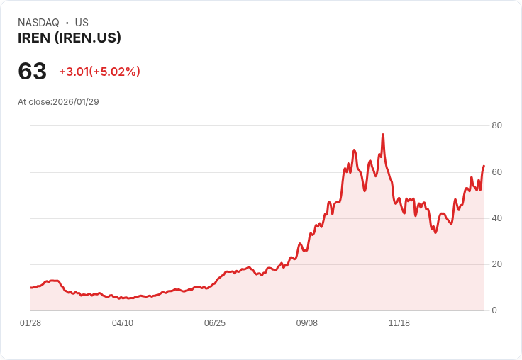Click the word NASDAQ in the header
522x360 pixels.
click(x=38, y=23)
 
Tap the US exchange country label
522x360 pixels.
click(x=82, y=23)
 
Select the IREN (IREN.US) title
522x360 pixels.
click(x=70, y=38)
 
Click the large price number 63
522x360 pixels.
click(x=32, y=72)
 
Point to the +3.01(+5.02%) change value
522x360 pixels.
click(x=99, y=72)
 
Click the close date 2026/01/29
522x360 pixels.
click(x=76, y=102)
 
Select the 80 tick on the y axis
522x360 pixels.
click(x=496, y=125)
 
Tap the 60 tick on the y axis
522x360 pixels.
click(x=496, y=172)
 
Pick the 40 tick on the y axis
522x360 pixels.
click(x=496, y=218)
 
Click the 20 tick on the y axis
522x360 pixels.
click(x=496, y=264)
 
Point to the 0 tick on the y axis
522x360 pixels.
click(x=494, y=310)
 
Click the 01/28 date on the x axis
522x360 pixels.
click(x=30, y=323)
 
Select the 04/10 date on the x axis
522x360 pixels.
click(x=123, y=323)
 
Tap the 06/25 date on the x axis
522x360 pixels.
click(x=215, y=323)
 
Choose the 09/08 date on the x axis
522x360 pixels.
click(x=307, y=323)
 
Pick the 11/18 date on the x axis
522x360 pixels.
click(x=399, y=323)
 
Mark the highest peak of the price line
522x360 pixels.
click(x=383, y=134)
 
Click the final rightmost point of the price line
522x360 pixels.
click(x=484, y=166)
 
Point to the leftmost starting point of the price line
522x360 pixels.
click(x=30, y=288)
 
